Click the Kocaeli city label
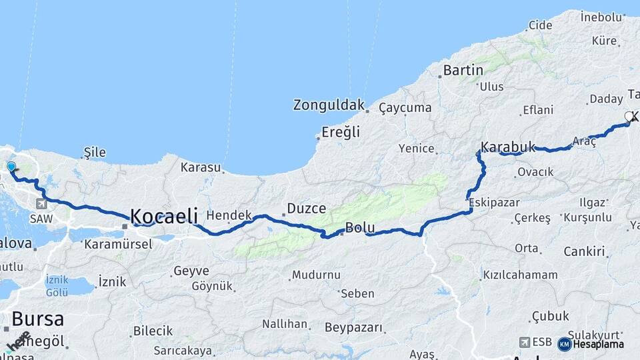(163, 216)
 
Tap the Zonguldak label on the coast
(329, 105)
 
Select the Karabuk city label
(507, 147)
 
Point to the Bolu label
(359, 228)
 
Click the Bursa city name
(37, 318)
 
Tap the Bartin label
(463, 70)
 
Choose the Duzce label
(306, 209)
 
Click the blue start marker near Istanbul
(11, 166)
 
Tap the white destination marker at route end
(629, 117)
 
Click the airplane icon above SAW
(42, 204)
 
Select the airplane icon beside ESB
(525, 342)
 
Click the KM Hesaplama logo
(591, 344)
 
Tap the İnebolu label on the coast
(601, 15)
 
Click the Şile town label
(95, 152)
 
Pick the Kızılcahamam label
(520, 275)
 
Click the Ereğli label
(340, 132)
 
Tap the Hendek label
(229, 215)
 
